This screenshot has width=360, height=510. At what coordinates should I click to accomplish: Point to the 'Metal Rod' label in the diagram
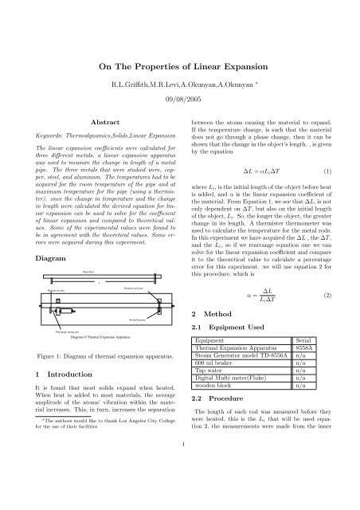89,273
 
